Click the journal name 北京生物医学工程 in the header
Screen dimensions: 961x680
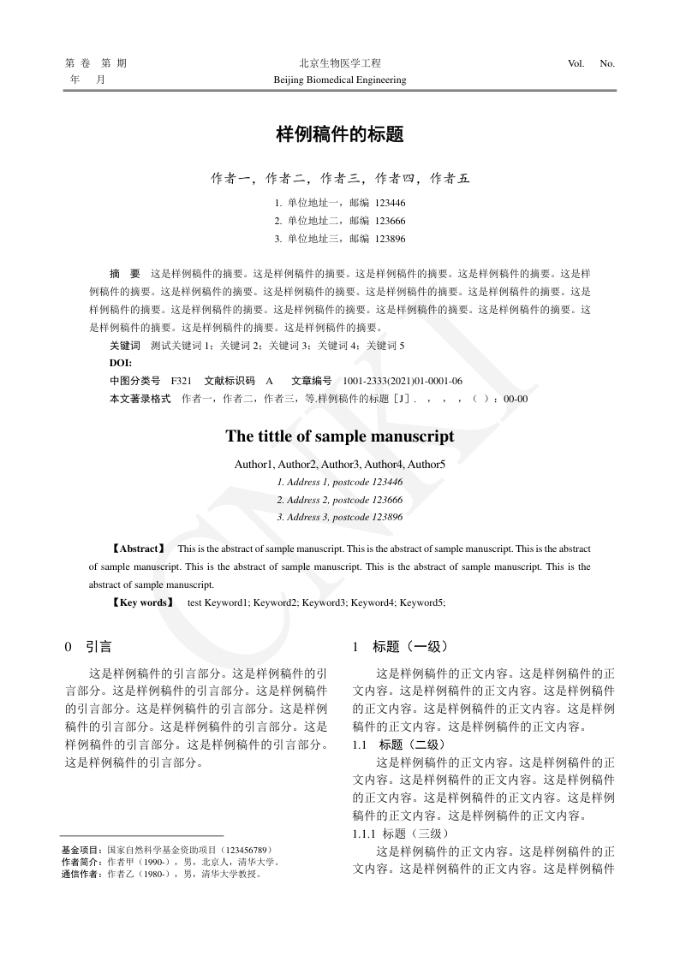click(339, 63)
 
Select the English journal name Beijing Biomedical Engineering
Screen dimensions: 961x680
click(339, 80)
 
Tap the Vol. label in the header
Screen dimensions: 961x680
click(576, 63)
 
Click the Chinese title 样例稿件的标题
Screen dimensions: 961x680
click(339, 134)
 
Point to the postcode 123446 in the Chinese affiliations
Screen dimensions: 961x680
click(390, 203)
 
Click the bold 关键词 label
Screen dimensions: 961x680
click(124, 346)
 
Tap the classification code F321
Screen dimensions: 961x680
click(181, 381)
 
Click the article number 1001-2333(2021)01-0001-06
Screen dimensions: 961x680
click(403, 381)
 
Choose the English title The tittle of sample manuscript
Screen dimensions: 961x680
click(340, 436)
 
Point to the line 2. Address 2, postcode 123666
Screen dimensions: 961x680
click(340, 500)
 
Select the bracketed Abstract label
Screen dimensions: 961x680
click(137, 548)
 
